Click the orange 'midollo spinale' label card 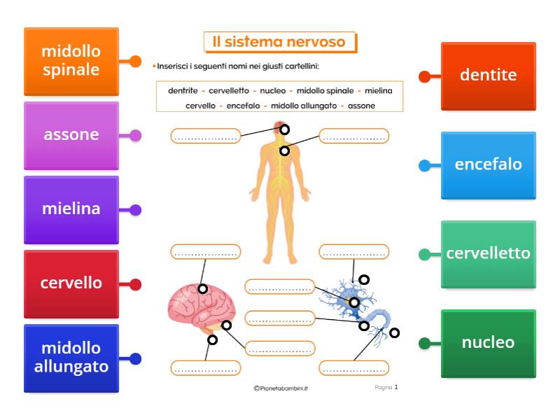point(71,61)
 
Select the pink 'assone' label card point(71,135)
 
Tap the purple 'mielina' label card point(71,209)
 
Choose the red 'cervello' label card point(71,283)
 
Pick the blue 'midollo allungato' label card point(71,358)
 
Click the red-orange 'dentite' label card point(489,76)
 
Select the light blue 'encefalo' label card point(489,165)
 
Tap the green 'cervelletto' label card point(489,254)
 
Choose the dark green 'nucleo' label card point(489,343)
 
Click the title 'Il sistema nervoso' point(279,42)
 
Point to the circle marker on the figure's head point(284,129)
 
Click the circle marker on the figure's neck point(284,150)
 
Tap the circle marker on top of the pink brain point(202,288)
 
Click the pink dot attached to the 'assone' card point(136,135)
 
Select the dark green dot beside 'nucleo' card point(424,343)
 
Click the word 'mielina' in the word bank point(378,90)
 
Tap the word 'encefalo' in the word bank point(243,106)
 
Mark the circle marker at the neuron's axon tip point(394,332)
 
